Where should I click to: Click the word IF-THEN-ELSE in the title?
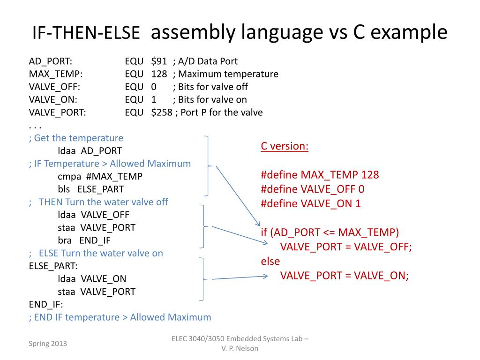tap(86, 32)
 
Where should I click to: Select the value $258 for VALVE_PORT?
tap(162, 112)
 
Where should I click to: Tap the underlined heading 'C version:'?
tap(285, 146)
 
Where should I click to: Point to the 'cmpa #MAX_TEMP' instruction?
tap(100, 176)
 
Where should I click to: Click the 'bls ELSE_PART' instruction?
tap(91, 189)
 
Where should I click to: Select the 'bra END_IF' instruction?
tap(84, 240)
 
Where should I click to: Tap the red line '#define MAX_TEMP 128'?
tap(320, 175)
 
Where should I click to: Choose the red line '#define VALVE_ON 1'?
tap(311, 203)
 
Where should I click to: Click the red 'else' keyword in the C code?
tap(270, 261)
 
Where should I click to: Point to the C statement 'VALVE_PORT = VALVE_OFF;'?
tap(346, 247)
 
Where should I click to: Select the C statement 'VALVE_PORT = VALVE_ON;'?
tap(345, 275)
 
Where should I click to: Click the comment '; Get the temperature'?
tap(76, 138)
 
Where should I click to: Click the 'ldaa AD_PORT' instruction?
tap(90, 151)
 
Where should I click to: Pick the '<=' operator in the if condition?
tap(329, 232)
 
